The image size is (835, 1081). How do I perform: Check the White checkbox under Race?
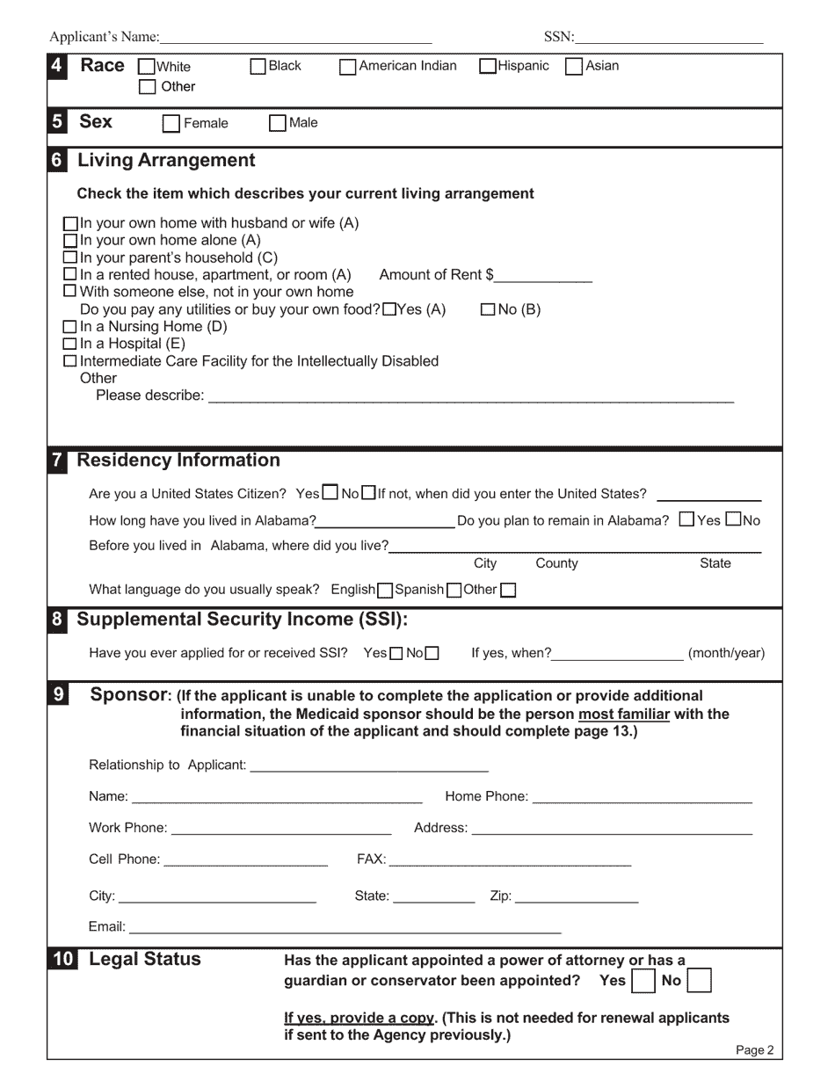pyautogui.click(x=147, y=66)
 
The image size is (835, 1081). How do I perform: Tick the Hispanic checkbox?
pyautogui.click(x=487, y=66)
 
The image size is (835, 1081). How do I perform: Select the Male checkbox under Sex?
pyautogui.click(x=277, y=123)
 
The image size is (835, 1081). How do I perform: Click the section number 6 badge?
pyautogui.click(x=57, y=161)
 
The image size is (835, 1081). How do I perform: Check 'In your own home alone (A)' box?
pyautogui.click(x=72, y=240)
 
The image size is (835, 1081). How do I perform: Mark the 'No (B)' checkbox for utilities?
pyautogui.click(x=489, y=309)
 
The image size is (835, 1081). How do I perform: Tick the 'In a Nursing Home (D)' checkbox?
pyautogui.click(x=72, y=327)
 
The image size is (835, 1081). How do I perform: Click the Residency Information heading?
pyautogui.click(x=178, y=461)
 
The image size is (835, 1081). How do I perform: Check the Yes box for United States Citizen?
pyautogui.click(x=330, y=493)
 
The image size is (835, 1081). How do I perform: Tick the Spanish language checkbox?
pyautogui.click(x=454, y=591)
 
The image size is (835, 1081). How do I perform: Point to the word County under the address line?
pyautogui.click(x=556, y=563)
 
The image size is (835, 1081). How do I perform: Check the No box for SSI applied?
pyautogui.click(x=432, y=654)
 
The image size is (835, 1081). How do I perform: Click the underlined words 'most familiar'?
pyautogui.click(x=623, y=715)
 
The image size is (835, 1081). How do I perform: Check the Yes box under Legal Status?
pyautogui.click(x=643, y=981)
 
